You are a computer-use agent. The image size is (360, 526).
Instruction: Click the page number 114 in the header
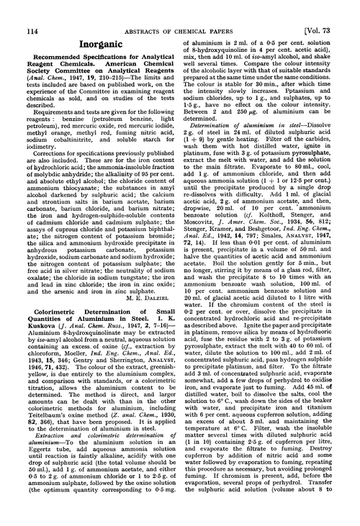(23, 9)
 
